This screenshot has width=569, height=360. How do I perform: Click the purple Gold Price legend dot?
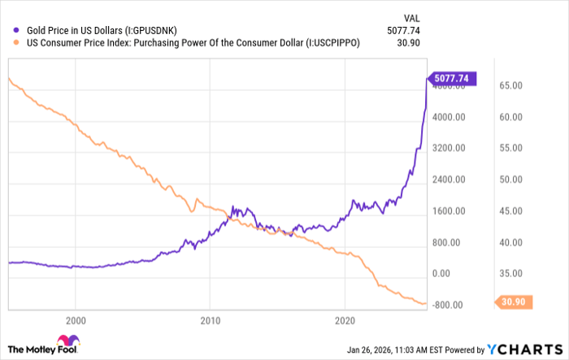pyautogui.click(x=15, y=31)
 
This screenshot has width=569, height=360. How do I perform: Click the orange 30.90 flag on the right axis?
pyautogui.click(x=514, y=302)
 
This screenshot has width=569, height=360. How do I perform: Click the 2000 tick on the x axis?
pyautogui.click(x=76, y=319)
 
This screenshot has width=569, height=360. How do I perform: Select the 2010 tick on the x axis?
pyautogui.click(x=211, y=319)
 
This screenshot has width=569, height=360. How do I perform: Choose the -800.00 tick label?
pyautogui.click(x=448, y=306)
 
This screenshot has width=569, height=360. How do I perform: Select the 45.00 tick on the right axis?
pyautogui.click(x=510, y=211)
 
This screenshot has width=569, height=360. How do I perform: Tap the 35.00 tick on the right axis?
pyautogui.click(x=510, y=274)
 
